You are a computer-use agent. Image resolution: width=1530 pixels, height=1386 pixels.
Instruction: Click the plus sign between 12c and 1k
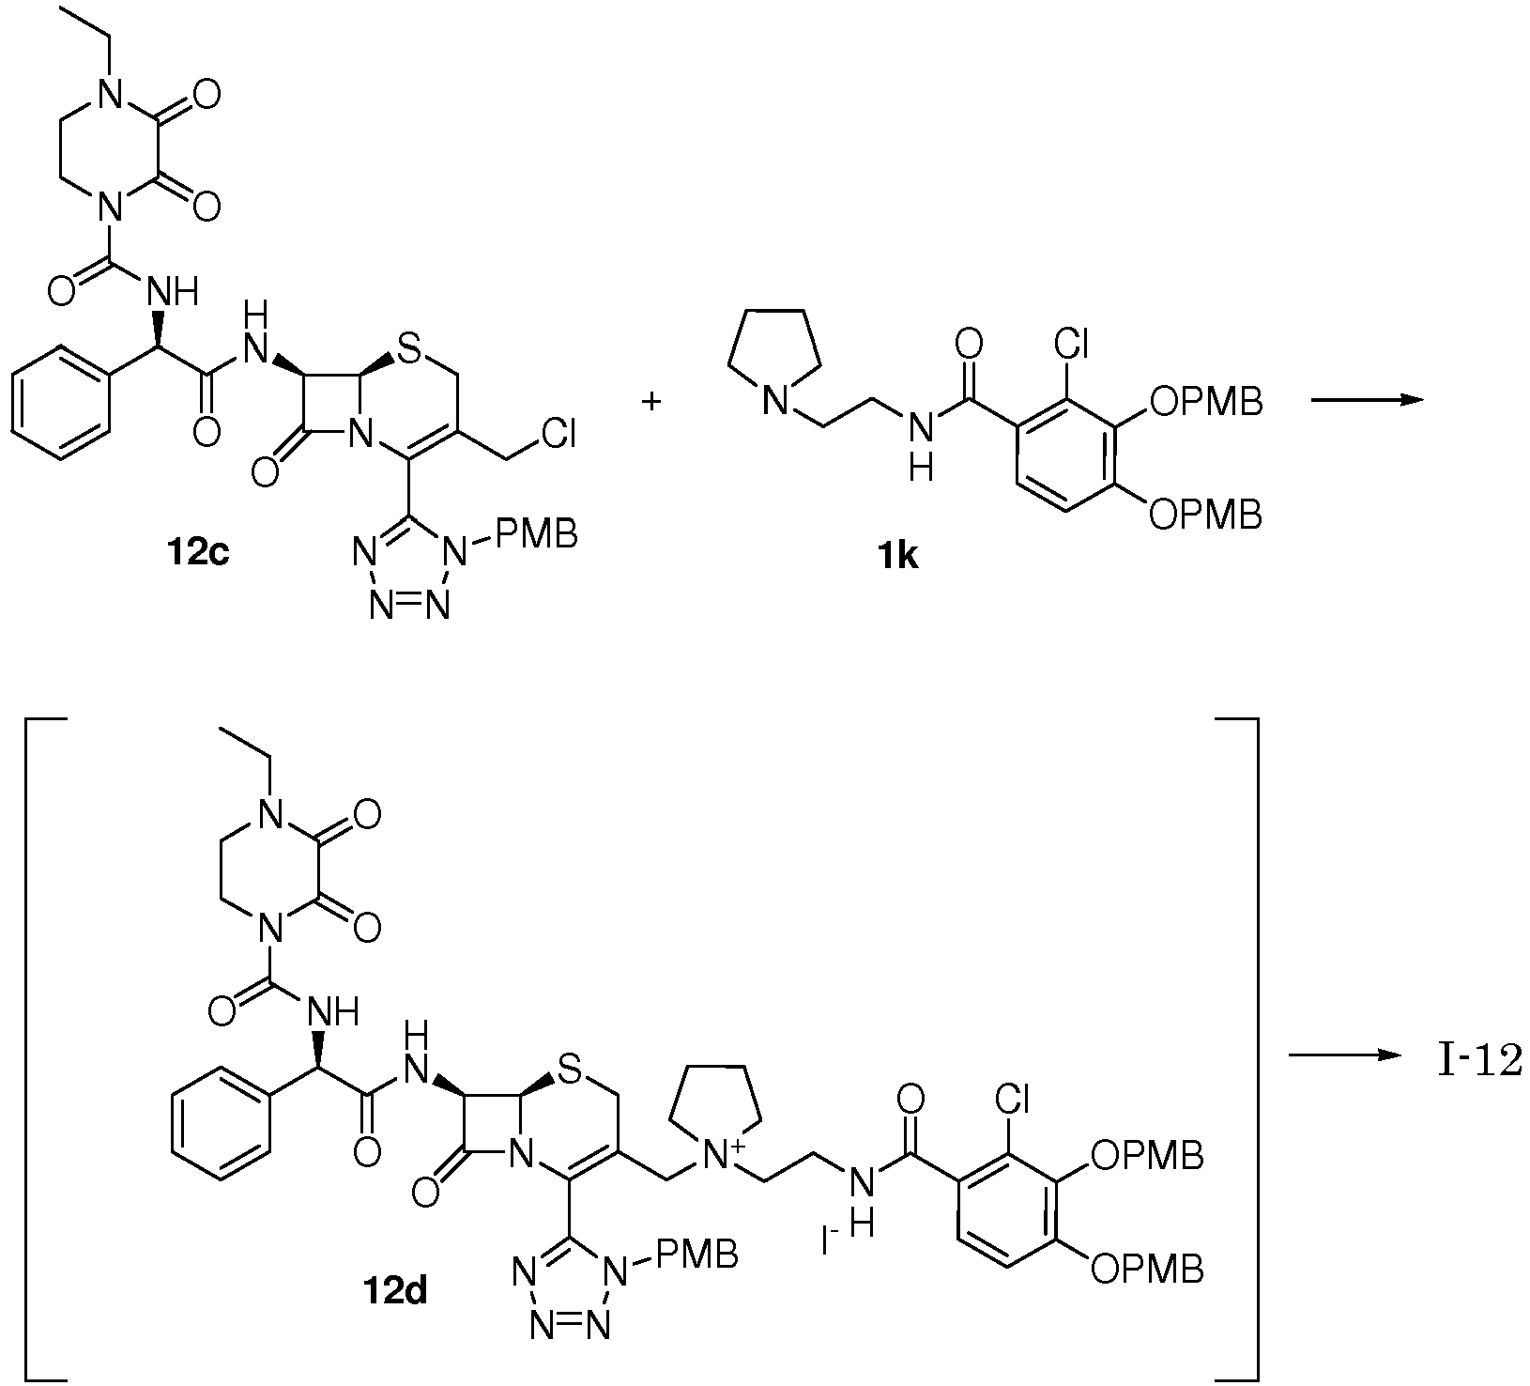coord(650,401)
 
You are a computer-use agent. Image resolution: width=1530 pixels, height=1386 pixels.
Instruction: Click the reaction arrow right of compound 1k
coord(1367,400)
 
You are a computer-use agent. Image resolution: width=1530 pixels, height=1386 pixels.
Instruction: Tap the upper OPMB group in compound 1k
coord(1205,403)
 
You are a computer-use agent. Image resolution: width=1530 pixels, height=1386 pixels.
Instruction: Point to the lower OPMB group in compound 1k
coord(1205,514)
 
